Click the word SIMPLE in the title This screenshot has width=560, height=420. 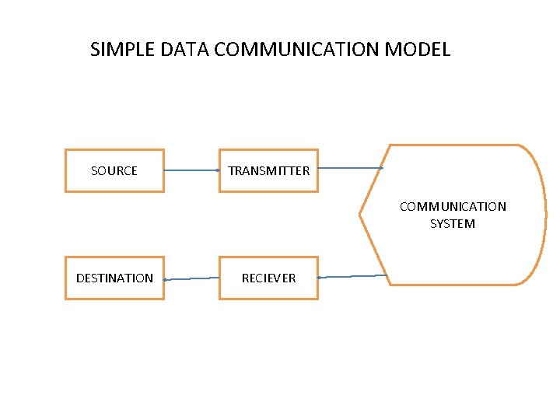tap(123, 50)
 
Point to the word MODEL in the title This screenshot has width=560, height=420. tap(422, 50)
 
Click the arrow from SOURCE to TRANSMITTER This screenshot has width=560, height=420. tap(191, 170)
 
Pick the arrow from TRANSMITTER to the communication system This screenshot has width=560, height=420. tap(350, 167)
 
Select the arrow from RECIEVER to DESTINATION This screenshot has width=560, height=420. tap(191, 278)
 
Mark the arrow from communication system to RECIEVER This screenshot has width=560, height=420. tap(352, 276)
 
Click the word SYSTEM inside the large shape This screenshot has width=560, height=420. tap(453, 224)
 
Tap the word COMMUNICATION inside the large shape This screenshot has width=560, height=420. tap(453, 206)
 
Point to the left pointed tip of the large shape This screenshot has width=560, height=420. tap(360, 213)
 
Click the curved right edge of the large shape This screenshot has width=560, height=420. tap(544, 214)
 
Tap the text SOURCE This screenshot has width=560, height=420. tap(114, 170)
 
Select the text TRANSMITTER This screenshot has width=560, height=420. tap(268, 170)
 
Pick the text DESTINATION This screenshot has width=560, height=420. tap(114, 278)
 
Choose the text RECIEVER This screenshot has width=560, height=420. tap(268, 278)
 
